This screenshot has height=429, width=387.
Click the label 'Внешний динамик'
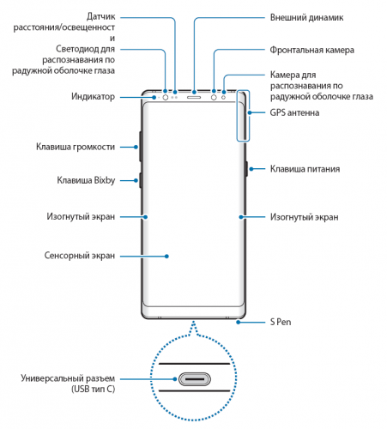click(x=306, y=18)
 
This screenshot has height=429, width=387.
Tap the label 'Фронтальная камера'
click(x=312, y=50)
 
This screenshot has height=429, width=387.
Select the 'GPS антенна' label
click(x=294, y=112)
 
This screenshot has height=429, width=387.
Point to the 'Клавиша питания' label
click(x=305, y=169)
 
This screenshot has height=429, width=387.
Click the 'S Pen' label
click(x=281, y=322)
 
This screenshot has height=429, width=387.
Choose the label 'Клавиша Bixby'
click(x=86, y=180)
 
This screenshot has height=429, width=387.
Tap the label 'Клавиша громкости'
click(x=76, y=147)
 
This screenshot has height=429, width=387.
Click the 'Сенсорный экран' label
click(x=80, y=256)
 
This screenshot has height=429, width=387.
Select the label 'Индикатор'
click(x=93, y=97)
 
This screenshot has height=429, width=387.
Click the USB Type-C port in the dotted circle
click(x=195, y=379)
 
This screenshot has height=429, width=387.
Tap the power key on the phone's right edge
click(x=246, y=169)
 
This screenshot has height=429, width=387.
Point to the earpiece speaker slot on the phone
click(x=194, y=97)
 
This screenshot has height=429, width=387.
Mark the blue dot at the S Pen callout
click(x=238, y=323)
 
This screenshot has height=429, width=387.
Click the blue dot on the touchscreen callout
click(x=166, y=257)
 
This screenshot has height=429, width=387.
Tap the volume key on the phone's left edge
click(x=141, y=147)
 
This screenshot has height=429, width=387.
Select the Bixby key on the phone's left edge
click(x=141, y=180)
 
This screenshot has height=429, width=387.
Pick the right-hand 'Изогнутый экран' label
click(x=305, y=217)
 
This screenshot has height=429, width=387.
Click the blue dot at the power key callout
click(x=251, y=169)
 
